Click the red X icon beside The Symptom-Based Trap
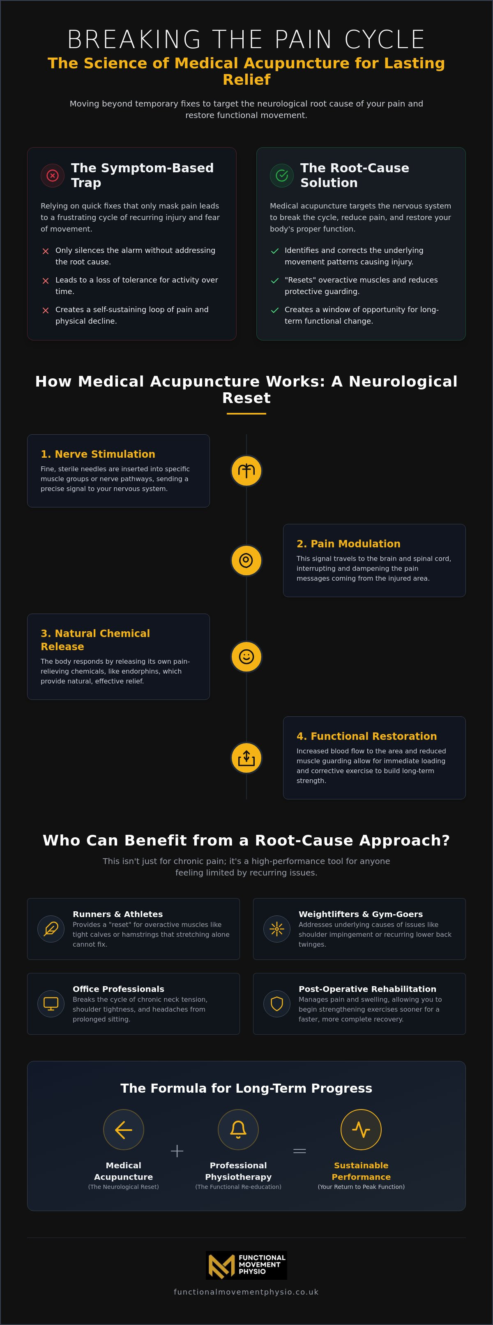click(x=53, y=176)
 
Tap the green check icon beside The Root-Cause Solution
click(x=282, y=176)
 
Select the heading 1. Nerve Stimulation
click(x=98, y=454)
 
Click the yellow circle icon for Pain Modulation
click(x=246, y=560)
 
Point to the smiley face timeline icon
click(x=246, y=657)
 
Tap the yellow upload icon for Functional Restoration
click(x=246, y=757)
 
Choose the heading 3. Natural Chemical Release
click(x=95, y=640)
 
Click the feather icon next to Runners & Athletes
click(x=51, y=929)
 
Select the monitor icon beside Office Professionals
click(x=51, y=1003)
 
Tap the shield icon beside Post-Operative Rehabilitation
click(x=276, y=1003)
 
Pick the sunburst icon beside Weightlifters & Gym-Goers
click(x=276, y=929)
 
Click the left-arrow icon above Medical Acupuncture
click(x=123, y=1130)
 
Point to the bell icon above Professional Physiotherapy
click(x=238, y=1130)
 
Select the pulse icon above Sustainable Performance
click(x=361, y=1130)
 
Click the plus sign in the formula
click(x=177, y=1151)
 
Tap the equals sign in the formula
click(x=300, y=1151)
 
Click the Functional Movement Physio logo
click(x=246, y=1265)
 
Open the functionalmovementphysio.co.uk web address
click(x=246, y=1292)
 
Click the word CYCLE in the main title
click(x=385, y=39)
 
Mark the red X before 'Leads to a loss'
click(x=46, y=281)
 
